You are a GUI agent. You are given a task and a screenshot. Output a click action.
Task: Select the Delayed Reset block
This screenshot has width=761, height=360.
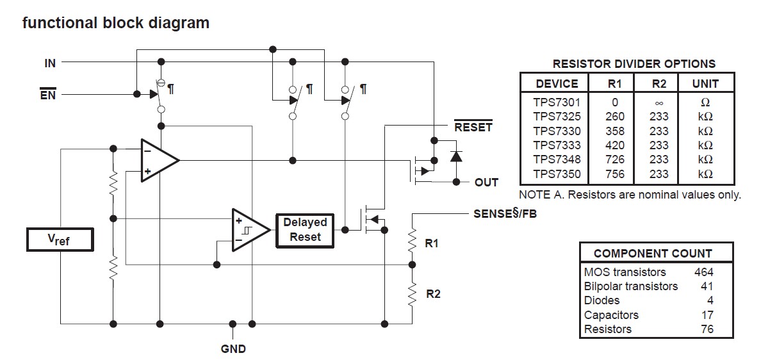pos(305,229)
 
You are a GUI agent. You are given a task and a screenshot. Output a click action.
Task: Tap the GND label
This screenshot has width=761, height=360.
pos(233,349)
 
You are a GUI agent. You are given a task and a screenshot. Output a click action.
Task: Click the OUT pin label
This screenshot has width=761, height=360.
pos(486,183)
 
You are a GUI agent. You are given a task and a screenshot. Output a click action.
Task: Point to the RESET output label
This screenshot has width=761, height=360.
pos(473,127)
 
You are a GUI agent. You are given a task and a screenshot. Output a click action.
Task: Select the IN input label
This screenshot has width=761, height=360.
pos(50,63)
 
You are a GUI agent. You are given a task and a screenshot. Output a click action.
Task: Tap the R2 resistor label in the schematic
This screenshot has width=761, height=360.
pos(433,294)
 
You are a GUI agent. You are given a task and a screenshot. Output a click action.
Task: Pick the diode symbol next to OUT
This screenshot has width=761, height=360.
pos(455,156)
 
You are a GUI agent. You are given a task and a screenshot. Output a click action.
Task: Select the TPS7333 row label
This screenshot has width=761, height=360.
pos(557,145)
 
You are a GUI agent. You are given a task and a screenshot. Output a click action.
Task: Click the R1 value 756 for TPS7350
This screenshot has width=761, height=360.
pos(614,174)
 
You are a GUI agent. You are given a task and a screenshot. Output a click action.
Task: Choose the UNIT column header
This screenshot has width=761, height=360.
pos(705,83)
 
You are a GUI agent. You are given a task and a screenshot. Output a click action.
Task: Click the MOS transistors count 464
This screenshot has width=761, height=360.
pos(703,272)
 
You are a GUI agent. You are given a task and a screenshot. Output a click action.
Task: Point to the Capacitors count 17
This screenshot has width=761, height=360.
pos(707,315)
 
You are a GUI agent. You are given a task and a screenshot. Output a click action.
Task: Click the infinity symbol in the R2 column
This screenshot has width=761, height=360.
pos(659,102)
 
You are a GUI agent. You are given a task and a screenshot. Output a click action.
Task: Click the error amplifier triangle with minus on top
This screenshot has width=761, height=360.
pos(158,160)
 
